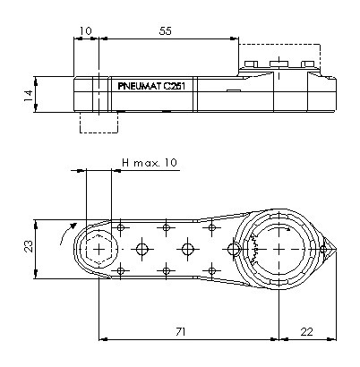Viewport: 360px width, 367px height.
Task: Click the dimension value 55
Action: (166, 30)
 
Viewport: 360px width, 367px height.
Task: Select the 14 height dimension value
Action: (29, 96)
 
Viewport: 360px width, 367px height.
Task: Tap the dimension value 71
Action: (181, 331)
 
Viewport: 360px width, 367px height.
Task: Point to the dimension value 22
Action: (306, 331)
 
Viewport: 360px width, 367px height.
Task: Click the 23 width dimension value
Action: (29, 246)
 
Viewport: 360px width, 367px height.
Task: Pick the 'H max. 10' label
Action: (150, 163)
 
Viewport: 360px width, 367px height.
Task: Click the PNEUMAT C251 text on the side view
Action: (151, 86)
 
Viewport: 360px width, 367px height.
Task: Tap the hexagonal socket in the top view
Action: (99, 249)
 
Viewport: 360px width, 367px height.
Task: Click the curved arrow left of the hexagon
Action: (66, 233)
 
